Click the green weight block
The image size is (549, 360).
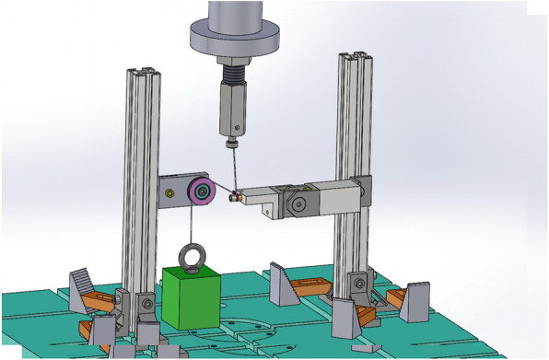pos(192,297)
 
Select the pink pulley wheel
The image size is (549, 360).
pos(202,193)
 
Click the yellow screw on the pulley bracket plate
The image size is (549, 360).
pos(171,192)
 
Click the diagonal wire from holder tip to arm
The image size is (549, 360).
pos(233,170)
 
